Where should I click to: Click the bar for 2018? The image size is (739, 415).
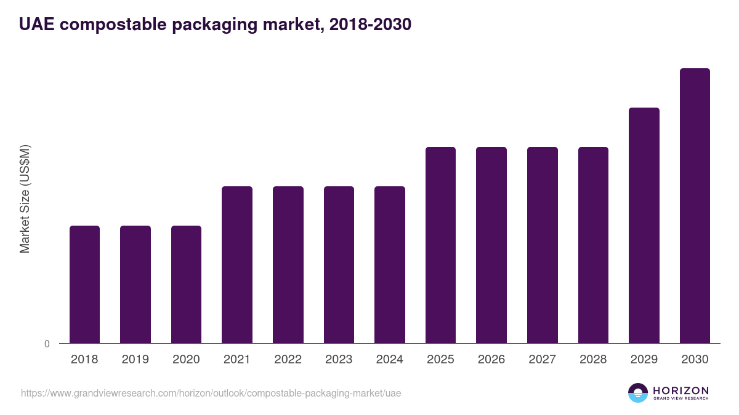click(x=84, y=284)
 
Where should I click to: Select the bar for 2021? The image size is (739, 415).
click(x=237, y=264)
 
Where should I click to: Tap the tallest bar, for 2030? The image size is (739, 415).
click(x=695, y=206)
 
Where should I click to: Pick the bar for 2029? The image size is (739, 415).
click(x=644, y=225)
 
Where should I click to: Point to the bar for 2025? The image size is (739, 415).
click(x=440, y=245)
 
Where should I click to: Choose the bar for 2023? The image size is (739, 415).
click(x=339, y=264)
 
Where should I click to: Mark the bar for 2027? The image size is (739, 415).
click(x=543, y=245)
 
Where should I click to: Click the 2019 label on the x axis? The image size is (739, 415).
click(x=135, y=360)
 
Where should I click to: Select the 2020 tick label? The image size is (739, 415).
click(x=186, y=360)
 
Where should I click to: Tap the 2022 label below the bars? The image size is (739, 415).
click(x=288, y=360)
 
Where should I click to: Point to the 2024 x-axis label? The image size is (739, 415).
click(x=390, y=360)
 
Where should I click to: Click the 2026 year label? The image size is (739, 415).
click(x=491, y=360)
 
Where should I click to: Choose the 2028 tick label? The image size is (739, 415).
click(x=593, y=360)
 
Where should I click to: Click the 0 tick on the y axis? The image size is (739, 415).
click(x=47, y=344)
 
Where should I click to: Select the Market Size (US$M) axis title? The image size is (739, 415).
click(x=25, y=199)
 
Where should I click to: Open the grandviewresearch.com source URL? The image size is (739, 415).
click(x=211, y=393)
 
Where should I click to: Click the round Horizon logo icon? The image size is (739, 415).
click(x=638, y=393)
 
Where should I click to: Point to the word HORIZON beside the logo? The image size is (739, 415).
click(x=680, y=390)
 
